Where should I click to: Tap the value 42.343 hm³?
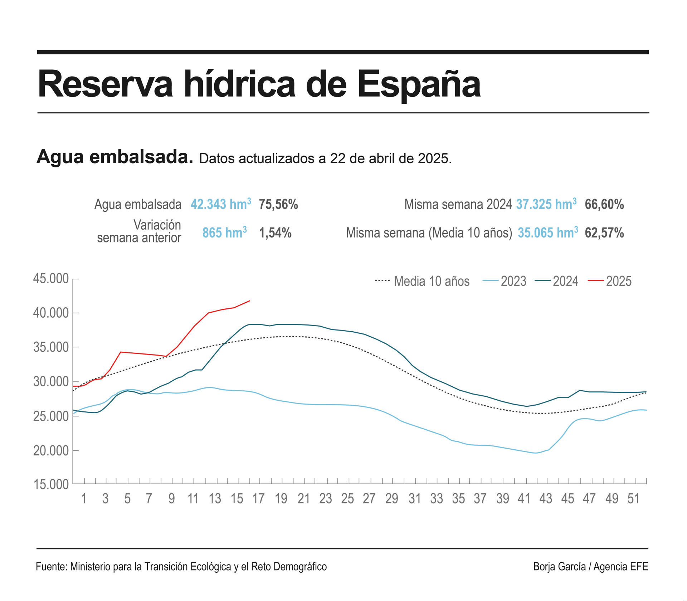[220, 204]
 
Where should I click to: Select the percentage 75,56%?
[278, 204]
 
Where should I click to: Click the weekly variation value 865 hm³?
[224, 233]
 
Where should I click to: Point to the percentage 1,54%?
[275, 233]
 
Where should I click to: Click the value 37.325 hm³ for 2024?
[546, 204]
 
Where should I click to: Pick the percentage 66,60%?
[604, 204]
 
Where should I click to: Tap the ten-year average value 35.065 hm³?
[547, 233]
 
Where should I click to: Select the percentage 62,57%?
[604, 233]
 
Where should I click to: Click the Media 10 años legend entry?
[422, 281]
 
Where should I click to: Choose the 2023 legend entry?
[505, 281]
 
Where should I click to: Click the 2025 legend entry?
[610, 281]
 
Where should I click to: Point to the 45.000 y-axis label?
[51, 279]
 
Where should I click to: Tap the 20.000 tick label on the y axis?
[51, 451]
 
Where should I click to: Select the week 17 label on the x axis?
[258, 499]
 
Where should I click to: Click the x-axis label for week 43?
[546, 499]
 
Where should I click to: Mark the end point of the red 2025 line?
[250, 301]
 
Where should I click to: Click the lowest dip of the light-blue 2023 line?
[536, 453]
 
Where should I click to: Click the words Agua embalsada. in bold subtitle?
[115, 157]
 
